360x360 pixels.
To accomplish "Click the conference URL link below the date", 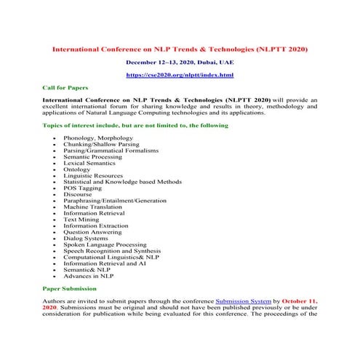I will (x=180, y=74).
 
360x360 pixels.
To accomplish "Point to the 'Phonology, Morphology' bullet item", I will (x=98, y=137).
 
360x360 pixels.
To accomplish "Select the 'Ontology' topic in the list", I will (x=79, y=169).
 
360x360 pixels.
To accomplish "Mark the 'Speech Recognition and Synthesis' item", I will (x=110, y=250).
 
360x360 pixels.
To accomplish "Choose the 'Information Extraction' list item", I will (x=95, y=225).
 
